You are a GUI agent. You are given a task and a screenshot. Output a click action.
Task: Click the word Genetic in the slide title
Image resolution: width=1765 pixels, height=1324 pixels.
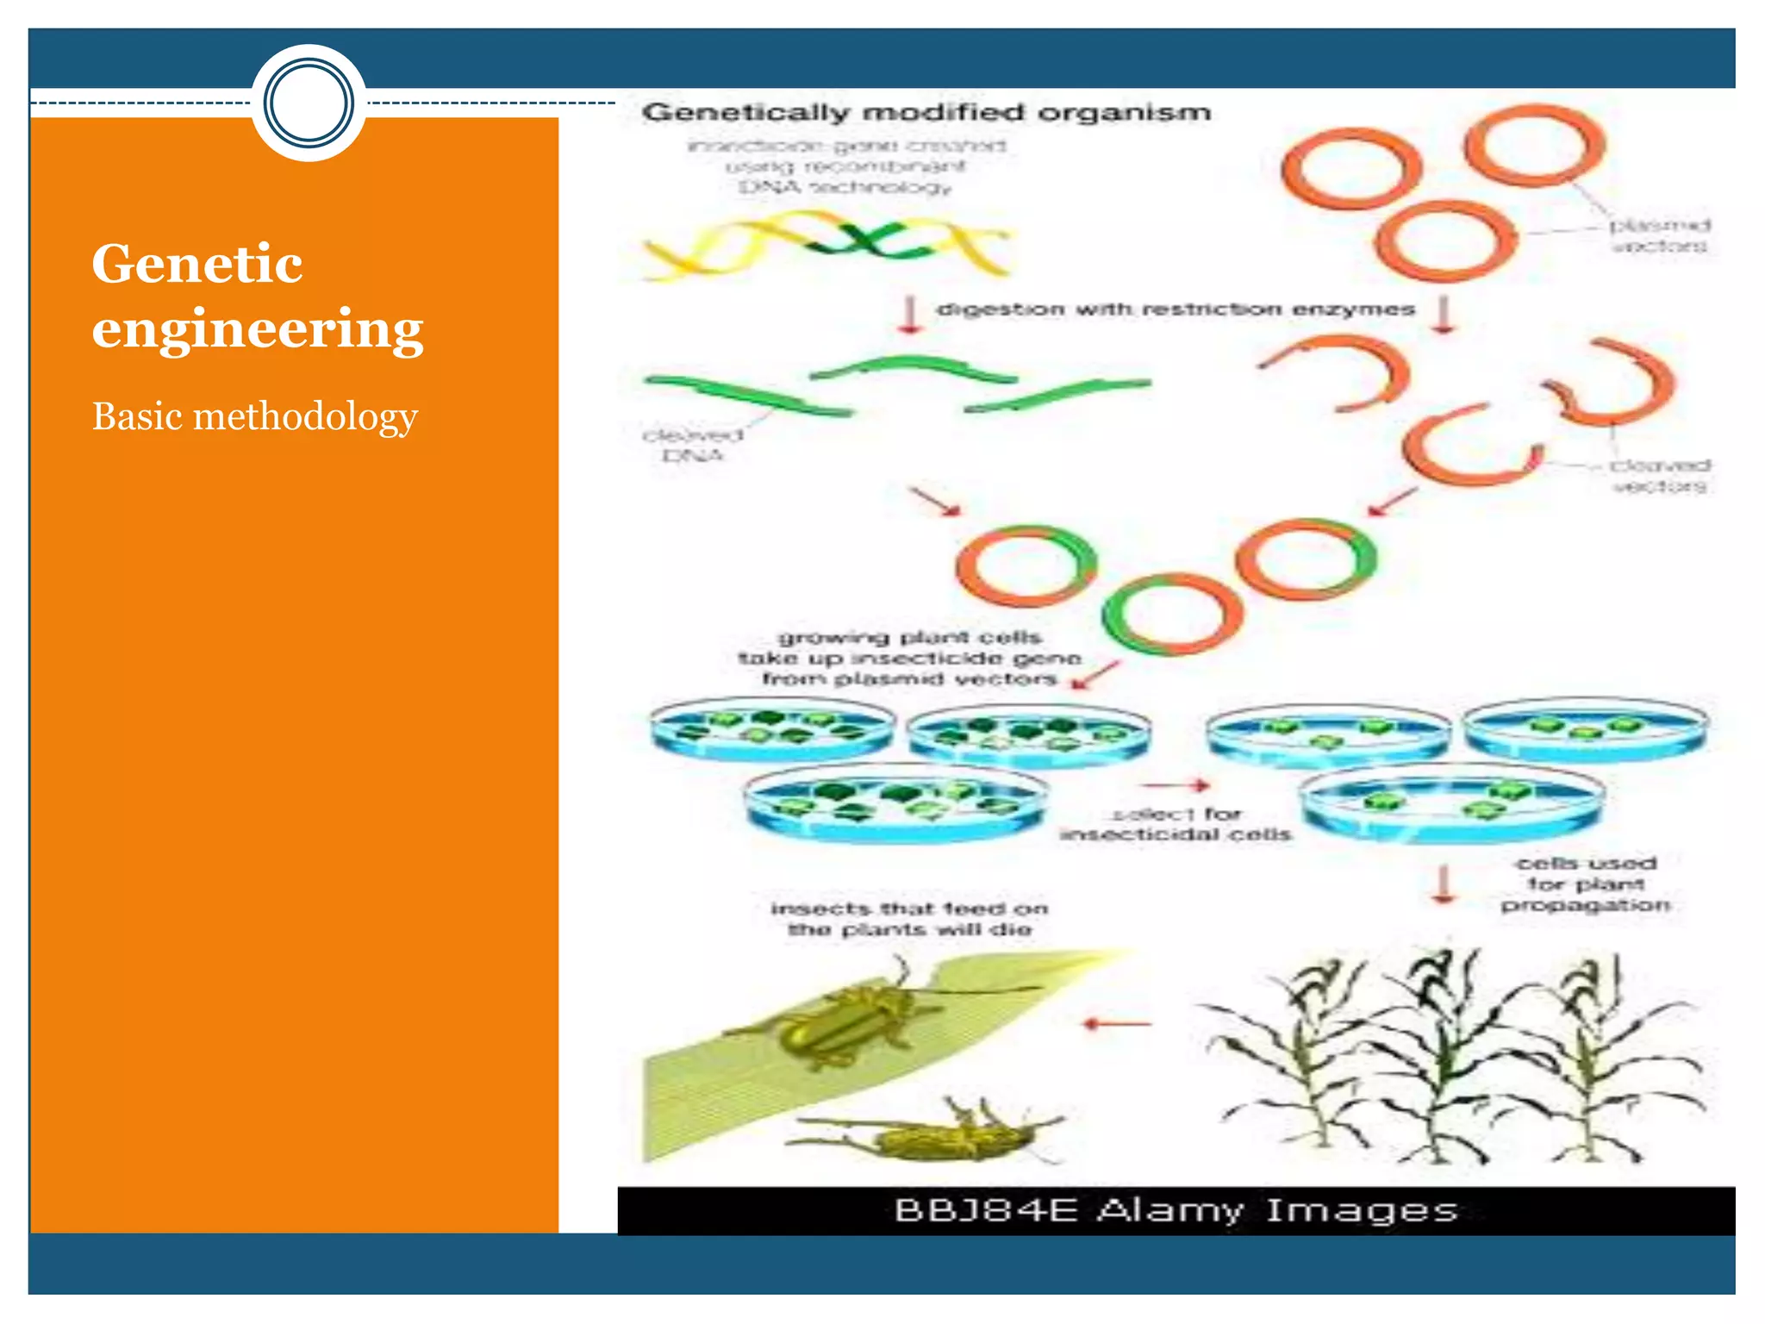196,264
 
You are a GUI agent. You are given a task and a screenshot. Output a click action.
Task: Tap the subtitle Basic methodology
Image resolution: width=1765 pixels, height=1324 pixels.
254,417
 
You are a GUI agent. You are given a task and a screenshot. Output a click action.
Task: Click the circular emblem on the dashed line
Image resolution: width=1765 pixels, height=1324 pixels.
309,103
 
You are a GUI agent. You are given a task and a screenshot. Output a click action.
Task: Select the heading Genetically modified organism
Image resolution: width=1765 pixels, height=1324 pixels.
926,113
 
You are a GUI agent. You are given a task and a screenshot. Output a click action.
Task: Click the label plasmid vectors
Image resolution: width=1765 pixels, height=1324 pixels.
1659,236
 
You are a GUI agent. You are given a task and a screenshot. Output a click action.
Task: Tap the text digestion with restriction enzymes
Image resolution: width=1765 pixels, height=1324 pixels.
1176,309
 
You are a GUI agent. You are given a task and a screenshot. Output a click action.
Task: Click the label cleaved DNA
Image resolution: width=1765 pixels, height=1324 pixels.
692,445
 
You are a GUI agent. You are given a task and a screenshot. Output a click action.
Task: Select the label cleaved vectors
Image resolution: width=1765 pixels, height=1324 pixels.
1659,476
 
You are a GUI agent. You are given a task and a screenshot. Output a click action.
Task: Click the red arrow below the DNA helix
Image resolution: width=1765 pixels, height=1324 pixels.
908,315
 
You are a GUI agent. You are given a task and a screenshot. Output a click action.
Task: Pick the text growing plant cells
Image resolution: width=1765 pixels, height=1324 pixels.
910,638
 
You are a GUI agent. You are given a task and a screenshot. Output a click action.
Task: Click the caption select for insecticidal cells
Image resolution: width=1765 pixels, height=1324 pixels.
1176,825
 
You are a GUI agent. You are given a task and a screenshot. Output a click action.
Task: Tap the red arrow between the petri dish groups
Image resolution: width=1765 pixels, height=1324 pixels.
1176,785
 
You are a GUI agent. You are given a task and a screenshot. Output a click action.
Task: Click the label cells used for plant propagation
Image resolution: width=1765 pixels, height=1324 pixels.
1586,884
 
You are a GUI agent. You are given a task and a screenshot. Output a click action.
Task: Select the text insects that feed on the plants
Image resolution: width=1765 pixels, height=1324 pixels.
909,919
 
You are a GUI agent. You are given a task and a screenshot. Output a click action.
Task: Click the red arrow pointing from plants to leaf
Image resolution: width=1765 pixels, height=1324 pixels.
1117,1024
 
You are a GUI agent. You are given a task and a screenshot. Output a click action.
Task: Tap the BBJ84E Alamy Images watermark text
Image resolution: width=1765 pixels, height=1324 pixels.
1176,1210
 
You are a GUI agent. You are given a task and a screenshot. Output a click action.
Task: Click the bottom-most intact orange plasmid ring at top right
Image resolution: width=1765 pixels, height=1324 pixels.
1444,241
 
